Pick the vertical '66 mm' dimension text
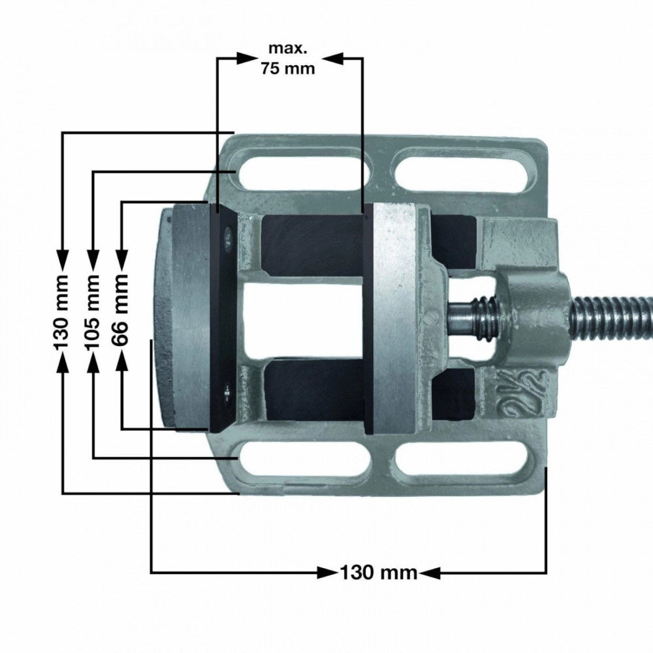point(121,311)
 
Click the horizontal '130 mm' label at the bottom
point(378,573)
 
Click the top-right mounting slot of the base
point(463,170)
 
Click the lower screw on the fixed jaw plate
point(225,394)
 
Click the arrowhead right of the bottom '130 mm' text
point(429,573)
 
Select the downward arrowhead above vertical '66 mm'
point(121,259)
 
